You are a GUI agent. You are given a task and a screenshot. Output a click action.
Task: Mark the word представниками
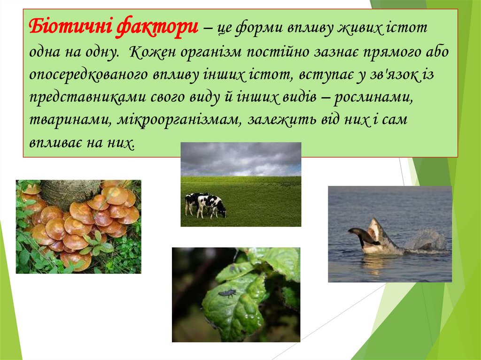tap(87, 97)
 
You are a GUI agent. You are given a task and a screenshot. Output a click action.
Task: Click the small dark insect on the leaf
tap(227, 293)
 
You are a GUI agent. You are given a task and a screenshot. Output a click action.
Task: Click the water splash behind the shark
tap(426, 240)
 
